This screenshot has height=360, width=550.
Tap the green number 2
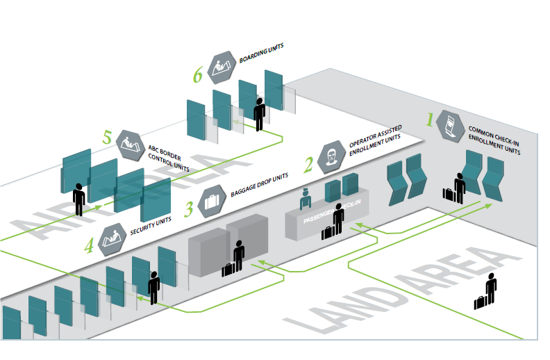point(308,164)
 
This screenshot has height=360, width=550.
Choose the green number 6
point(198,75)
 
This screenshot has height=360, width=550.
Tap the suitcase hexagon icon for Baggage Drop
point(212,204)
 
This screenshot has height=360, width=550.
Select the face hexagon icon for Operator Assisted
point(332,156)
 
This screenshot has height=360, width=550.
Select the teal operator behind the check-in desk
point(304,199)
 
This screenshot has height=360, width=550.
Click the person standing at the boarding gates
point(260,113)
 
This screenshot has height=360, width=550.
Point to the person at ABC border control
point(79,199)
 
